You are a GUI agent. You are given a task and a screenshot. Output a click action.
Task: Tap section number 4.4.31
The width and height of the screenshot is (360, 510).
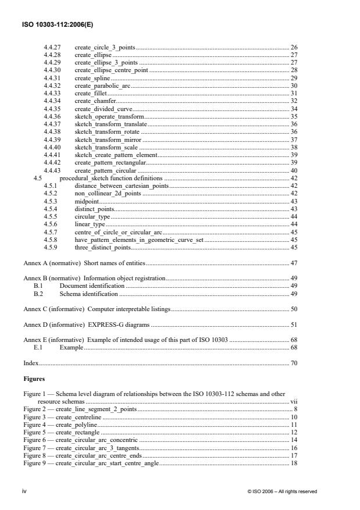coord(54,77)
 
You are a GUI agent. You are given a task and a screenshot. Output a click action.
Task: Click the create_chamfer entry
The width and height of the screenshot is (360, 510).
coord(94,101)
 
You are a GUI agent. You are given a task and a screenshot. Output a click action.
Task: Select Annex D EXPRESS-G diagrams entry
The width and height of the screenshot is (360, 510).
coord(87,324)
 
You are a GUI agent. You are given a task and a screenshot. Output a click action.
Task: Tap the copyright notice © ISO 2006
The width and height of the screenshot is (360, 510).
coord(282,491)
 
